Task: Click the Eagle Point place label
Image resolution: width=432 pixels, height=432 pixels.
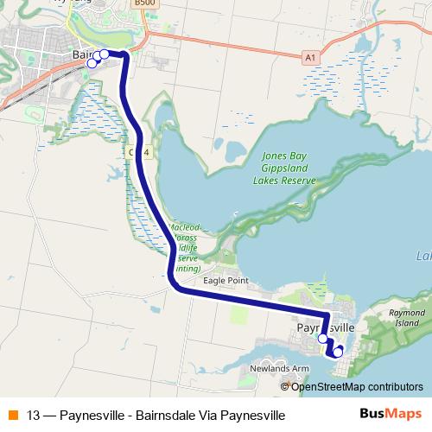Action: pyautogui.click(x=225, y=281)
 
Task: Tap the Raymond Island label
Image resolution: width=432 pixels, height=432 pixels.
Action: pyautogui.click(x=406, y=317)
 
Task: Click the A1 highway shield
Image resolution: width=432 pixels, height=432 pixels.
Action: pyautogui.click(x=310, y=57)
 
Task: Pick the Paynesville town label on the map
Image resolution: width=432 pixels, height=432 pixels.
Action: pyautogui.click(x=325, y=329)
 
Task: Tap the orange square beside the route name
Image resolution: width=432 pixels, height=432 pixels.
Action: pyautogui.click(x=12, y=415)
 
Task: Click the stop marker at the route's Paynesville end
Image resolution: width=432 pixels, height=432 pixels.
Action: pyautogui.click(x=338, y=352)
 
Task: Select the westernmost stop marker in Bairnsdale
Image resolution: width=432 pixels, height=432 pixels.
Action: pyautogui.click(x=92, y=63)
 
